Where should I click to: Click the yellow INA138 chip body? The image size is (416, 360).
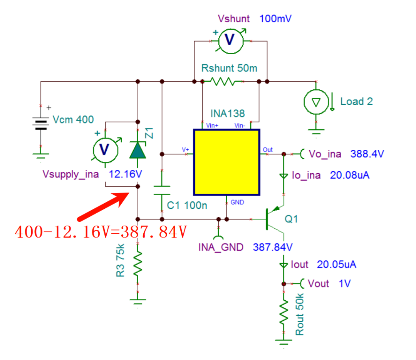(226, 162)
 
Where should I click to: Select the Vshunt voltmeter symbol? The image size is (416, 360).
(231, 41)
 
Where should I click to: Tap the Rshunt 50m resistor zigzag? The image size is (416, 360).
(223, 82)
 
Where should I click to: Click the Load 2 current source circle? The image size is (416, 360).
(316, 102)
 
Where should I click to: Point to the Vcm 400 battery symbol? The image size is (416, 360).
(40, 123)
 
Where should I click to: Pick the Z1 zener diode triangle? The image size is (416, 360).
(138, 150)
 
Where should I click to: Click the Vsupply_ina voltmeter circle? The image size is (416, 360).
(105, 150)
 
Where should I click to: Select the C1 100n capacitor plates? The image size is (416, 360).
(162, 190)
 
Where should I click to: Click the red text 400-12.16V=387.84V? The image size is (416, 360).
(101, 232)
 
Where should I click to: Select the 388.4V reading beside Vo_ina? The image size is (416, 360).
(367, 154)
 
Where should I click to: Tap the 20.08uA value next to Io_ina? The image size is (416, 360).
(350, 175)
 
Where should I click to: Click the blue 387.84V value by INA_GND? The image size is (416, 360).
(273, 247)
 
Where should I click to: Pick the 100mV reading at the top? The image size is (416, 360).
(275, 18)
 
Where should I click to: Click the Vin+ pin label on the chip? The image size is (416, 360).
(212, 126)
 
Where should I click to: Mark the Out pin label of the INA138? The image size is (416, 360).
(268, 150)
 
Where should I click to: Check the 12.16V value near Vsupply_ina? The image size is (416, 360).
(126, 174)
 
